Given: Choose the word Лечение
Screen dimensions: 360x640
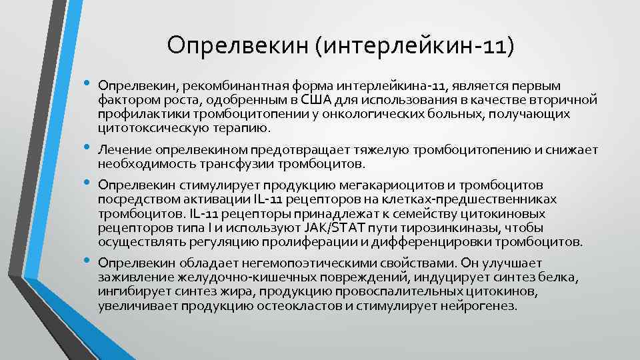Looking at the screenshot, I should coord(119,150).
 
